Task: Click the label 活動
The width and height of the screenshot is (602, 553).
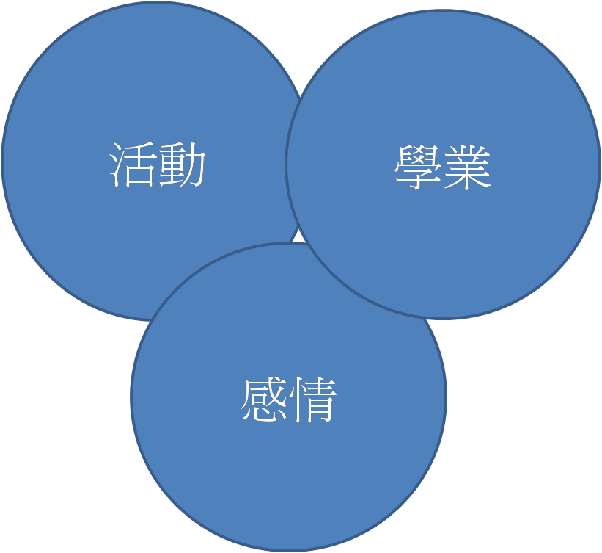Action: (158, 165)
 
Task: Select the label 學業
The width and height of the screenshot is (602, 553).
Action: (442, 167)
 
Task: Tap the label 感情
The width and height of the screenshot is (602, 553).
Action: (288, 400)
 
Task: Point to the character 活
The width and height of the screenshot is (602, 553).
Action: (133, 165)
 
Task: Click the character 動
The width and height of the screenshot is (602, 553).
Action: (183, 165)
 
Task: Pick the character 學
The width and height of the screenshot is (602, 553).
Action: (417, 167)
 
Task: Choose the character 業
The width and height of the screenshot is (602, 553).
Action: (467, 167)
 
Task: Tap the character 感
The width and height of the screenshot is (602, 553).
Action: (263, 400)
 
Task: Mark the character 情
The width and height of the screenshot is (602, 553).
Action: (313, 400)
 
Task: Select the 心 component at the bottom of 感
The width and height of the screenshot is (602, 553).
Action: (263, 413)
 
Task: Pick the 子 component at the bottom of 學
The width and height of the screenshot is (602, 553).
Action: (417, 181)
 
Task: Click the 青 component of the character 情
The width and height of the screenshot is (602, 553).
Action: (320, 400)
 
